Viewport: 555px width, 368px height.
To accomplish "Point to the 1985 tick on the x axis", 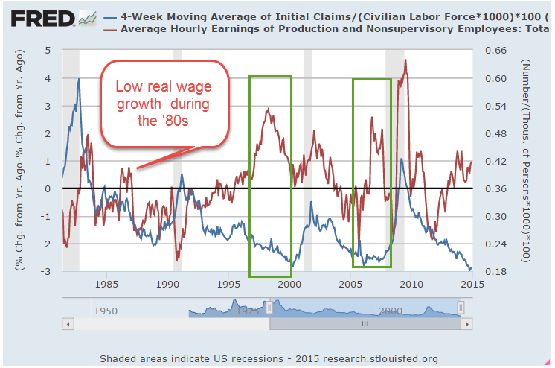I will (x=106, y=284).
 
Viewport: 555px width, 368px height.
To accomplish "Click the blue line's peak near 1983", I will (x=79, y=79).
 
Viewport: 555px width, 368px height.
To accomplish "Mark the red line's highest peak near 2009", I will (x=405, y=60).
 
